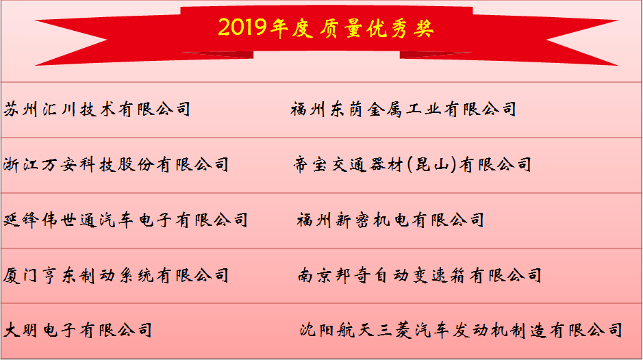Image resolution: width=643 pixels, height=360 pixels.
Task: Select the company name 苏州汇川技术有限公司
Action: click(x=97, y=109)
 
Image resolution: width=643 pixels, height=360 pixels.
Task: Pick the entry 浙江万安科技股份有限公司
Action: click(x=116, y=164)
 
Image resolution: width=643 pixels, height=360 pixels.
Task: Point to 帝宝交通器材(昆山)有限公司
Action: click(x=412, y=164)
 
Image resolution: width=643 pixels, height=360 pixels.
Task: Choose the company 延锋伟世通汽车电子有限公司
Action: click(x=125, y=220)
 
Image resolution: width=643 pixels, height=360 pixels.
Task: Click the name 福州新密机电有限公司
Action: click(x=390, y=220)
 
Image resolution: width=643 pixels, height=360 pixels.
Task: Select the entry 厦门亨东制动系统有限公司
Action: click(x=116, y=276)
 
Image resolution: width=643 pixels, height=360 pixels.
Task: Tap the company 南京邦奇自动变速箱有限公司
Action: click(x=419, y=276)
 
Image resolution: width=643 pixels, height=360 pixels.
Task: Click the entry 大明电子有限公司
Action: click(x=77, y=331)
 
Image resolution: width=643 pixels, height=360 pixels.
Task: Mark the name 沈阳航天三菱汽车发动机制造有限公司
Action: click(x=461, y=331)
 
